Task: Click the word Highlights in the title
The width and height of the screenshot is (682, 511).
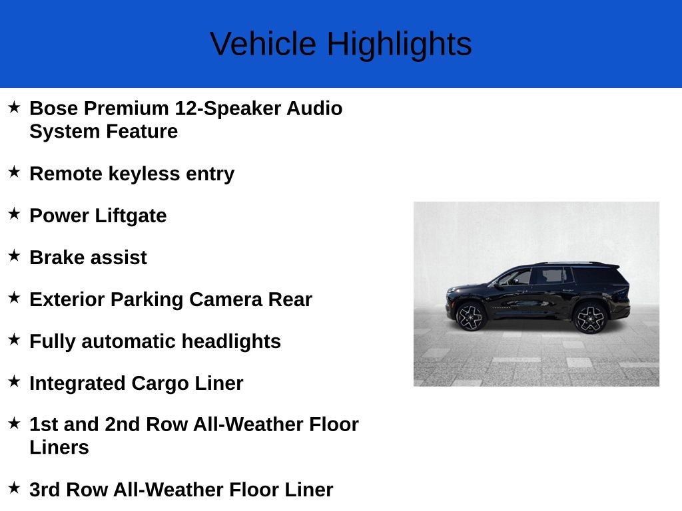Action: click(x=399, y=45)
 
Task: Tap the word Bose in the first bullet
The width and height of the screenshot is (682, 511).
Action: click(x=53, y=108)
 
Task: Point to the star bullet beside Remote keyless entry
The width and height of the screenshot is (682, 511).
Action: click(x=14, y=172)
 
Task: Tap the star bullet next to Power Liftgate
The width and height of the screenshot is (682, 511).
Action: click(x=14, y=214)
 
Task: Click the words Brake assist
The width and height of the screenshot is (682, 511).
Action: click(x=88, y=257)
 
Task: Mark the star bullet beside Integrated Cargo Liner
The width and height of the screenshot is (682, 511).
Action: click(x=14, y=381)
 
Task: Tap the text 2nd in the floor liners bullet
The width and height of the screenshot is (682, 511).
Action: click(x=123, y=425)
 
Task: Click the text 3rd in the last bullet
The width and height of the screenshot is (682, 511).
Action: click(x=44, y=490)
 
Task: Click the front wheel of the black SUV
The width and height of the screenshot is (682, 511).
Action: click(x=471, y=317)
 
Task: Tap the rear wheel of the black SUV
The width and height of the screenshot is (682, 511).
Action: click(x=589, y=318)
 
